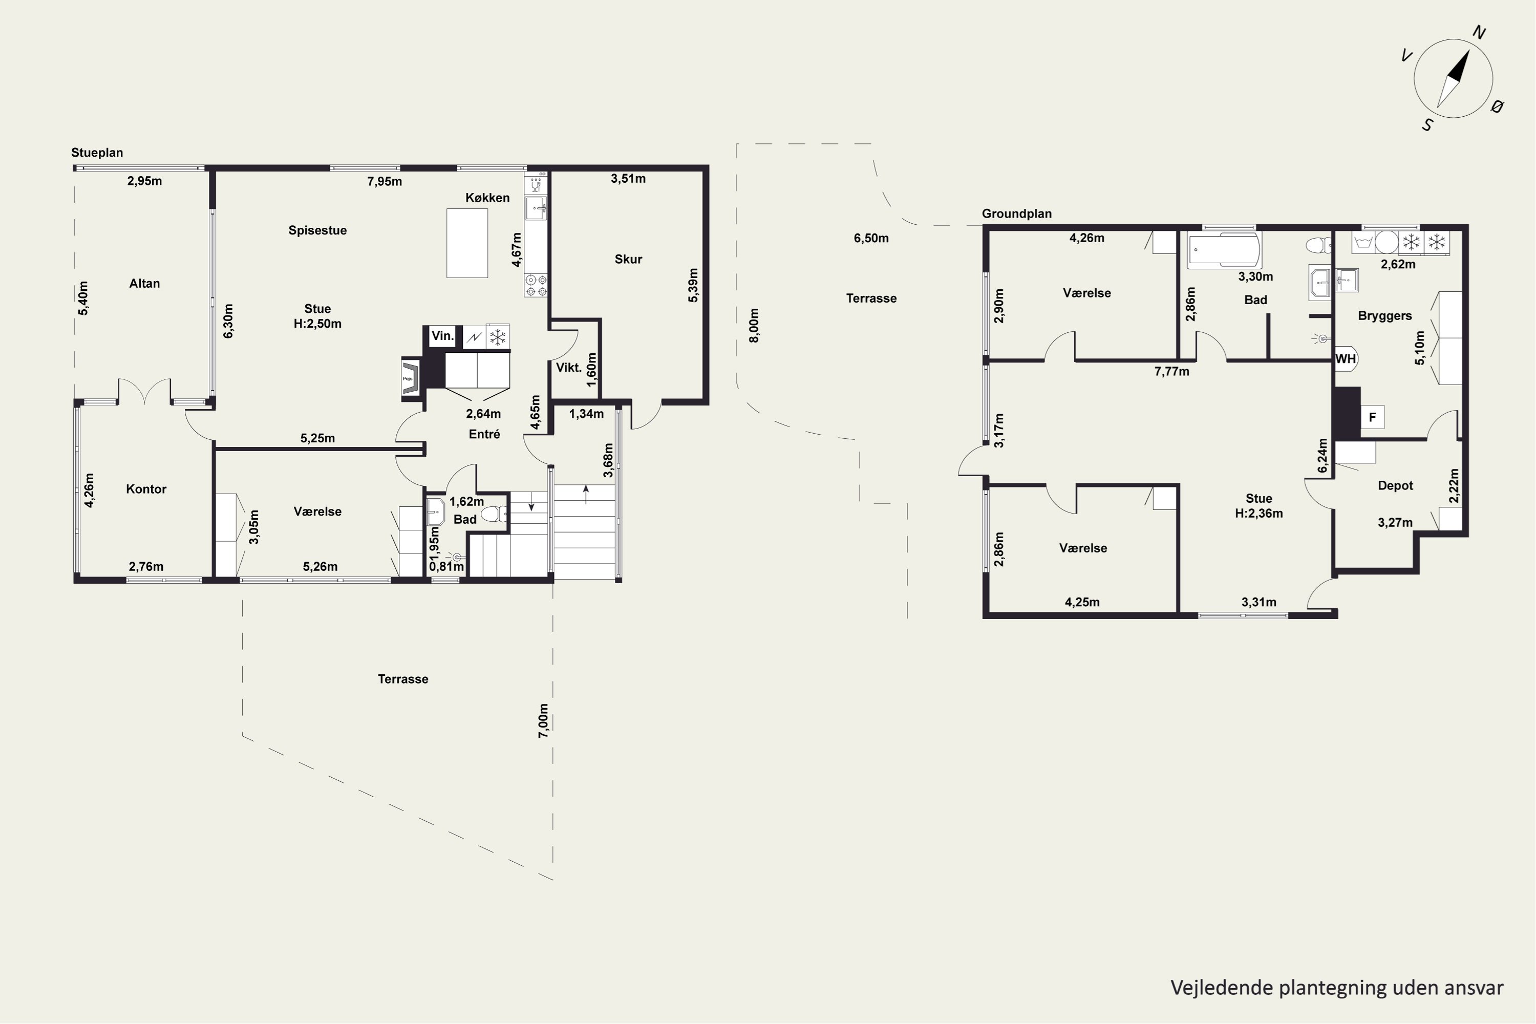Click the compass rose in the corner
click(x=1453, y=78)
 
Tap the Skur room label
click(x=628, y=259)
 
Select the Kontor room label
click(x=146, y=489)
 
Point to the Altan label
click(x=144, y=284)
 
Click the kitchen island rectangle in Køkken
click(x=467, y=243)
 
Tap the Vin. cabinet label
click(x=442, y=336)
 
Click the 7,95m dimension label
click(x=385, y=182)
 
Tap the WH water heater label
click(x=1346, y=358)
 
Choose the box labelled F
click(x=1372, y=417)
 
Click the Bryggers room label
click(x=1384, y=316)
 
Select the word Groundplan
click(x=1017, y=214)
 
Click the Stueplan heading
click(x=97, y=153)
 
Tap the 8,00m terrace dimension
click(x=754, y=325)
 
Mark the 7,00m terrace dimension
click(x=543, y=721)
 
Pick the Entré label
click(x=484, y=434)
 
